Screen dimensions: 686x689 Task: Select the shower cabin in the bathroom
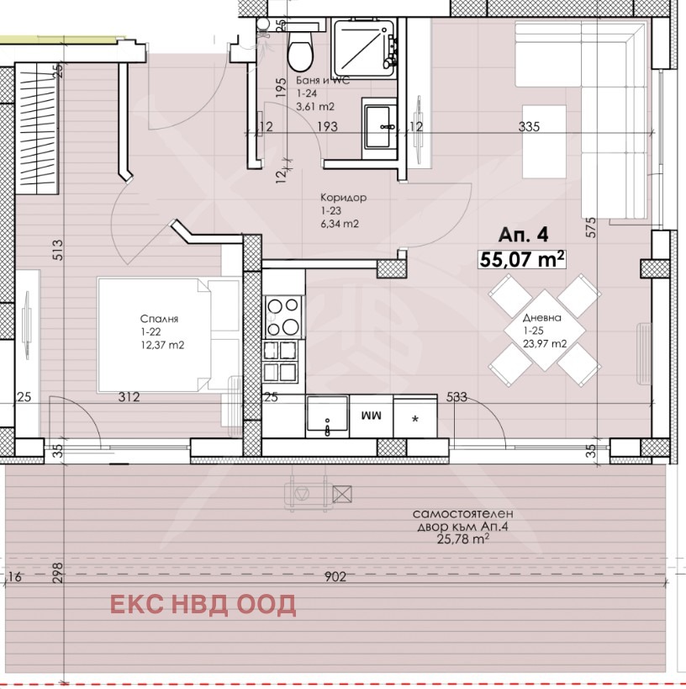coord(365,48)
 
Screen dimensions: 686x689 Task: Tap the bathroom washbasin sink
coord(379,128)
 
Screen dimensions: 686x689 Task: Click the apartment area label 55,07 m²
coord(522,259)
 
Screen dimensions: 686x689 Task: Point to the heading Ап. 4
coord(523,235)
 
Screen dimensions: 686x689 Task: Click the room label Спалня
coord(160,319)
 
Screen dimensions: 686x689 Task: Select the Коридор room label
coord(343,198)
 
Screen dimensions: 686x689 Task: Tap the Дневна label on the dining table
coord(542,317)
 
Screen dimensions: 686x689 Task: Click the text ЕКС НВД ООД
coord(203,605)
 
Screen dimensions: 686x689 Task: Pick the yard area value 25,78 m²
coord(463,538)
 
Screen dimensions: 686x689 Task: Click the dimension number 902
coord(335,576)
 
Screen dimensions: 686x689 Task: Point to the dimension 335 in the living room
coord(529,126)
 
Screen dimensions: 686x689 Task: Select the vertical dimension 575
coord(592,227)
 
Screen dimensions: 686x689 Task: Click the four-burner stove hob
coord(283,317)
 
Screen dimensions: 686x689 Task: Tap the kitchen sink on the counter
coord(328,416)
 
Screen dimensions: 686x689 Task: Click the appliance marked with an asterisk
coord(415,416)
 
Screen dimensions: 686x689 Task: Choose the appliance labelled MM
coord(371,416)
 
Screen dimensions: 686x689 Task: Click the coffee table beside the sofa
coord(544,141)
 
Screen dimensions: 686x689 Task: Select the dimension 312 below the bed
coord(129,397)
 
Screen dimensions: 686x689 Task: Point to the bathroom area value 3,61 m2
coord(315,106)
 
